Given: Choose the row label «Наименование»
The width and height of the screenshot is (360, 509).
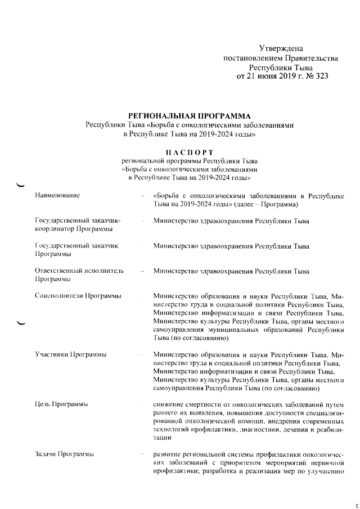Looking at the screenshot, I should pyautogui.click(x=57, y=195).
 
